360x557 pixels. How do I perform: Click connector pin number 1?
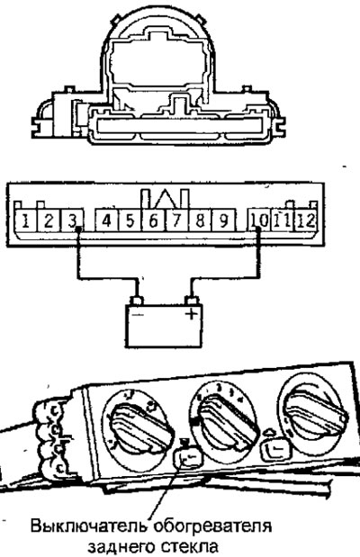point(25,221)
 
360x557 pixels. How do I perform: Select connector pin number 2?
point(49,221)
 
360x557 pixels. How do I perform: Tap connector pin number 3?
point(72,221)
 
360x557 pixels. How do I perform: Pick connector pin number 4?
point(106,221)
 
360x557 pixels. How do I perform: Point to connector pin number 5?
point(130,221)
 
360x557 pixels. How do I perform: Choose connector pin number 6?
point(153,221)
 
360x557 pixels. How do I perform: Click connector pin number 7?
point(176,221)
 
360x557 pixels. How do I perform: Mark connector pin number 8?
point(200,221)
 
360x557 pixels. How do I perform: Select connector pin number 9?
point(223,221)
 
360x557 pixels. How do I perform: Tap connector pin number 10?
point(259,221)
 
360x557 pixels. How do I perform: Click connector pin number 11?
point(283,221)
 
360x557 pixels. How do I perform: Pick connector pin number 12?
point(306,221)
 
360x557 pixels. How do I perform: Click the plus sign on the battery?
point(192,314)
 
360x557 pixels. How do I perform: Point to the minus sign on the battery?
point(137,315)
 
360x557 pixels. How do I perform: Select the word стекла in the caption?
point(191,547)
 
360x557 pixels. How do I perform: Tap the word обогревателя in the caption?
point(213,526)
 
